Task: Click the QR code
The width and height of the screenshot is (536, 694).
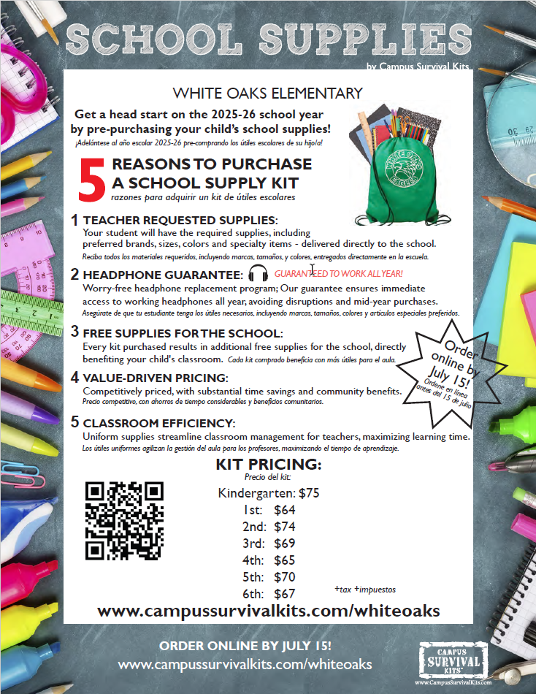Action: [124, 520]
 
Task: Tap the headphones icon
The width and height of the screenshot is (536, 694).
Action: [259, 274]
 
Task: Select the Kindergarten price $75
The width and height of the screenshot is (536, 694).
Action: [308, 493]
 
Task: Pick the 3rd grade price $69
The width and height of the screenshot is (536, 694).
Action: [285, 544]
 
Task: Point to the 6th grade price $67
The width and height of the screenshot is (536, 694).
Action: [285, 594]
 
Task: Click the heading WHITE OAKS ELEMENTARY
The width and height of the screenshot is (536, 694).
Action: [267, 94]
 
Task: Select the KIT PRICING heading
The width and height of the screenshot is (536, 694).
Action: [268, 465]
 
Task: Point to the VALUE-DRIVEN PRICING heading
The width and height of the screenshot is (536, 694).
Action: [156, 378]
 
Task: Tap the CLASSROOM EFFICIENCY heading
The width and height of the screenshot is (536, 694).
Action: [159, 423]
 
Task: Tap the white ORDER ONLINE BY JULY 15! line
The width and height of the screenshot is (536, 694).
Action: [245, 646]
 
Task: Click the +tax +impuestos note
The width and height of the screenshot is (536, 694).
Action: [365, 589]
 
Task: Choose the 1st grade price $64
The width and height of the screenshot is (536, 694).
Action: [285, 510]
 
